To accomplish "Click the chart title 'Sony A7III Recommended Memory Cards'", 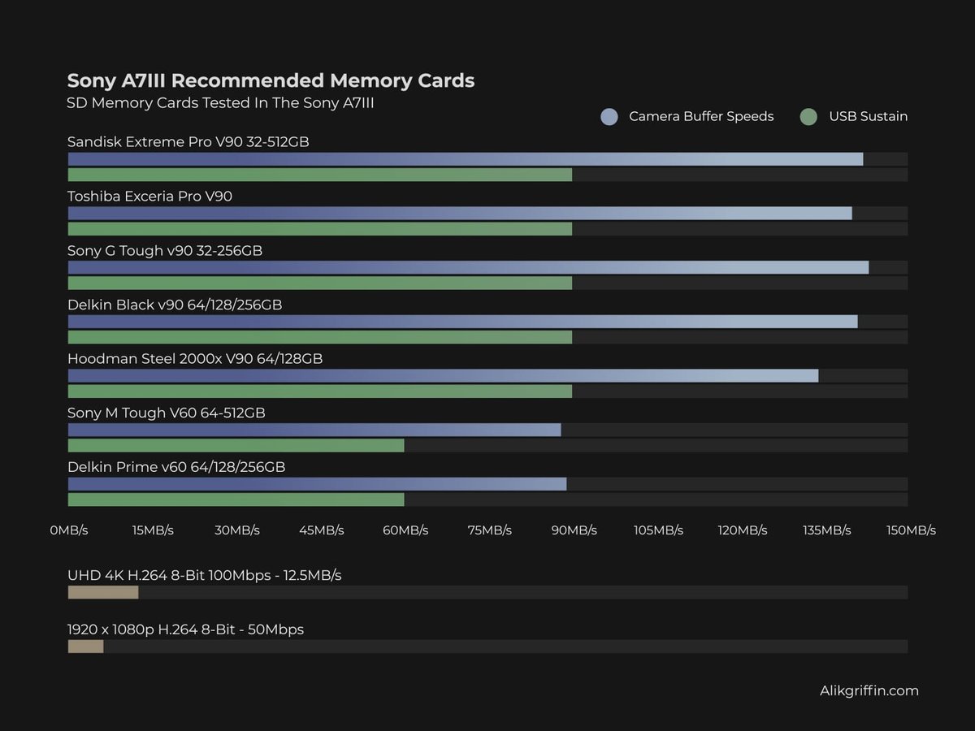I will click(271, 80).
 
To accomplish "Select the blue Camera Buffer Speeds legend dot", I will click(609, 116).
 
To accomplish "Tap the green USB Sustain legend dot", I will click(808, 116).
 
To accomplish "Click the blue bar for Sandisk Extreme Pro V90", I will click(465, 159).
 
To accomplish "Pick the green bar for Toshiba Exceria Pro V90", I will click(319, 229).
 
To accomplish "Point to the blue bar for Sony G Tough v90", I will click(468, 267).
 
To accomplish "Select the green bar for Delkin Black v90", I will click(319, 337).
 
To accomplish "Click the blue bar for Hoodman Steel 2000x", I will click(443, 375).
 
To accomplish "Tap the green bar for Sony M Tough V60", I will click(236, 445).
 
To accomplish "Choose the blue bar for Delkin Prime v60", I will click(317, 484).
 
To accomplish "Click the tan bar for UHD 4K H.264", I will click(103, 592).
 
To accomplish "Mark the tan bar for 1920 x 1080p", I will click(85, 647).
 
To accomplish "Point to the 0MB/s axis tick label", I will click(68, 530).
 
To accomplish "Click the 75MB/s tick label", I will click(489, 530).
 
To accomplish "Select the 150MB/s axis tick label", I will click(911, 530).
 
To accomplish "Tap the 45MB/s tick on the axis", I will click(321, 530).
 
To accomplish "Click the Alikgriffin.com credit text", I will click(869, 690).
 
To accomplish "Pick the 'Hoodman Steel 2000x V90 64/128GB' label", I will click(195, 358).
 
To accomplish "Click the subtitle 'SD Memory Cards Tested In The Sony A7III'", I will click(220, 103).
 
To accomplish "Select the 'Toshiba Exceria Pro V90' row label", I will click(149, 196).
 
